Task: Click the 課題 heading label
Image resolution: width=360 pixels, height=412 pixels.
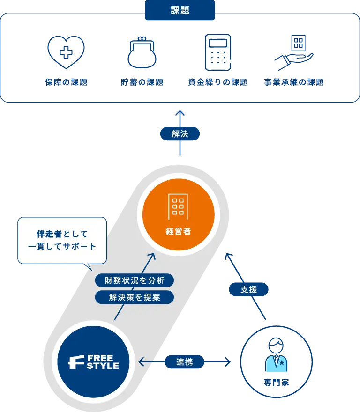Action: [180, 11]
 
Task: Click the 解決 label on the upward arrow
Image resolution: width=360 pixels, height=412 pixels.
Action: [180, 134]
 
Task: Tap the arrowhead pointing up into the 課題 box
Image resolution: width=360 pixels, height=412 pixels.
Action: [180, 112]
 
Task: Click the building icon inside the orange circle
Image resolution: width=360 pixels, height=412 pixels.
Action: [178, 206]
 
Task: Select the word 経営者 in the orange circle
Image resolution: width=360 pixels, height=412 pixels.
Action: [178, 231]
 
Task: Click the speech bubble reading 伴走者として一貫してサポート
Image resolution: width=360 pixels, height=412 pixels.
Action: [62, 240]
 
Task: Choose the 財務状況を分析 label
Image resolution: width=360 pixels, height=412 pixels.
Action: [134, 280]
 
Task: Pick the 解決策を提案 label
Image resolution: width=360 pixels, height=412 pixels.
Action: [134, 297]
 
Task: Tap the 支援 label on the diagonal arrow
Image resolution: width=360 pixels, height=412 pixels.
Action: [249, 289]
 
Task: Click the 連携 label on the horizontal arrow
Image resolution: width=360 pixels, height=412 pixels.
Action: [184, 361]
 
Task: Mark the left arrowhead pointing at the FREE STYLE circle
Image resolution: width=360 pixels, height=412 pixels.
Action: [142, 361]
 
